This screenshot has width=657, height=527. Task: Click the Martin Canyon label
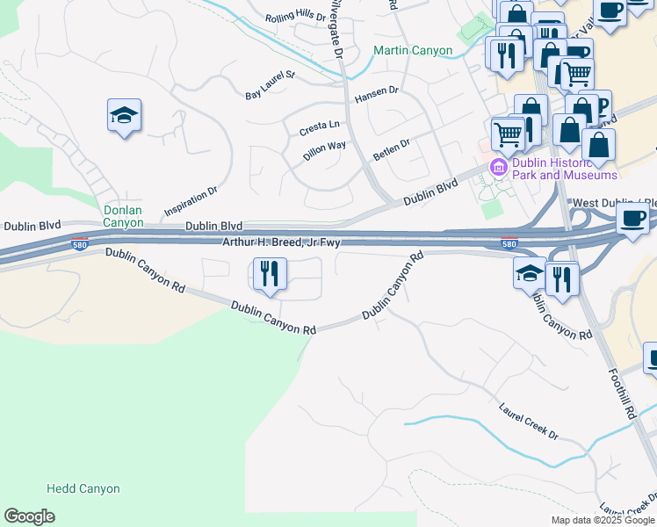(413, 50)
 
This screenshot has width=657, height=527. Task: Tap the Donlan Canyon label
(123, 216)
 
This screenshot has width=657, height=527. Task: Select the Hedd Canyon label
(83, 488)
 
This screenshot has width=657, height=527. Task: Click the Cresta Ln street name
(319, 127)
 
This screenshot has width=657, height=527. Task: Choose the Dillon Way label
(324, 149)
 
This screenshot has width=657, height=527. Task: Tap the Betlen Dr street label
(392, 145)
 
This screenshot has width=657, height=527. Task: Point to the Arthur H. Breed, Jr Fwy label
(280, 242)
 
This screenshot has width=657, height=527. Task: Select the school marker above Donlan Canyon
(125, 116)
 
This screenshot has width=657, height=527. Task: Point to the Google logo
(29, 516)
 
